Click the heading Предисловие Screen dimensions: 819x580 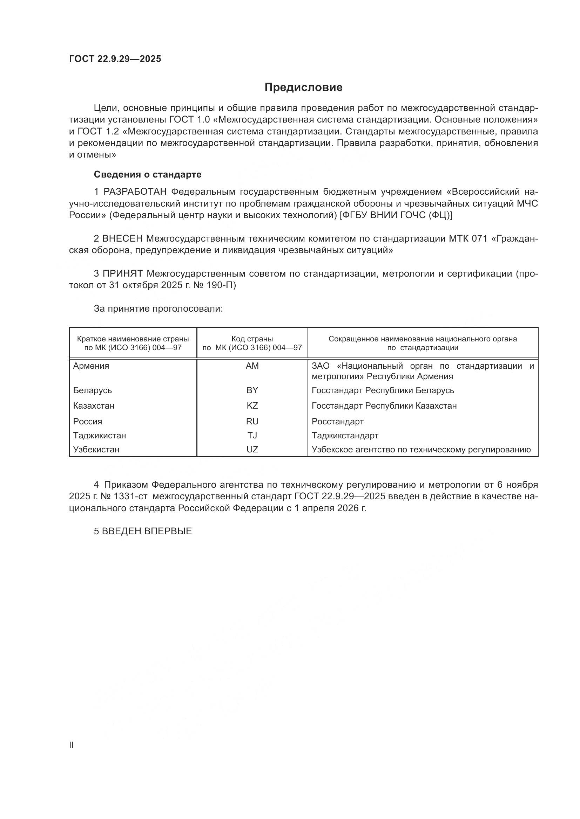303,88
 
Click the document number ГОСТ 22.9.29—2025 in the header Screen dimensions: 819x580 115,59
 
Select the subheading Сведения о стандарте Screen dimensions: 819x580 148,174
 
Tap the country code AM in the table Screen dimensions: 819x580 252,366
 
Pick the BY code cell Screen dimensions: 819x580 252,390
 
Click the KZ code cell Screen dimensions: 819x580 252,405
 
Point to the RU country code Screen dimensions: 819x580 252,421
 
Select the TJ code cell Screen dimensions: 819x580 252,435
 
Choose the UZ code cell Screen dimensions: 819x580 252,450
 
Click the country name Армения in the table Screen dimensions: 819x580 91,366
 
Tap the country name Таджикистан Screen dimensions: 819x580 99,435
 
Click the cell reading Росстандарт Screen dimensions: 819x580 337,421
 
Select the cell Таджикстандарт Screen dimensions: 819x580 345,435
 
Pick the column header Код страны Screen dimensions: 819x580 252,339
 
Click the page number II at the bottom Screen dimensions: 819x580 71,745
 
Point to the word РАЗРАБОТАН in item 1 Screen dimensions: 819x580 135,192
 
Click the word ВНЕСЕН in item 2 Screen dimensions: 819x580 122,238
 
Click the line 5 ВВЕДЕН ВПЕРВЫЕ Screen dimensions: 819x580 143,531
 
